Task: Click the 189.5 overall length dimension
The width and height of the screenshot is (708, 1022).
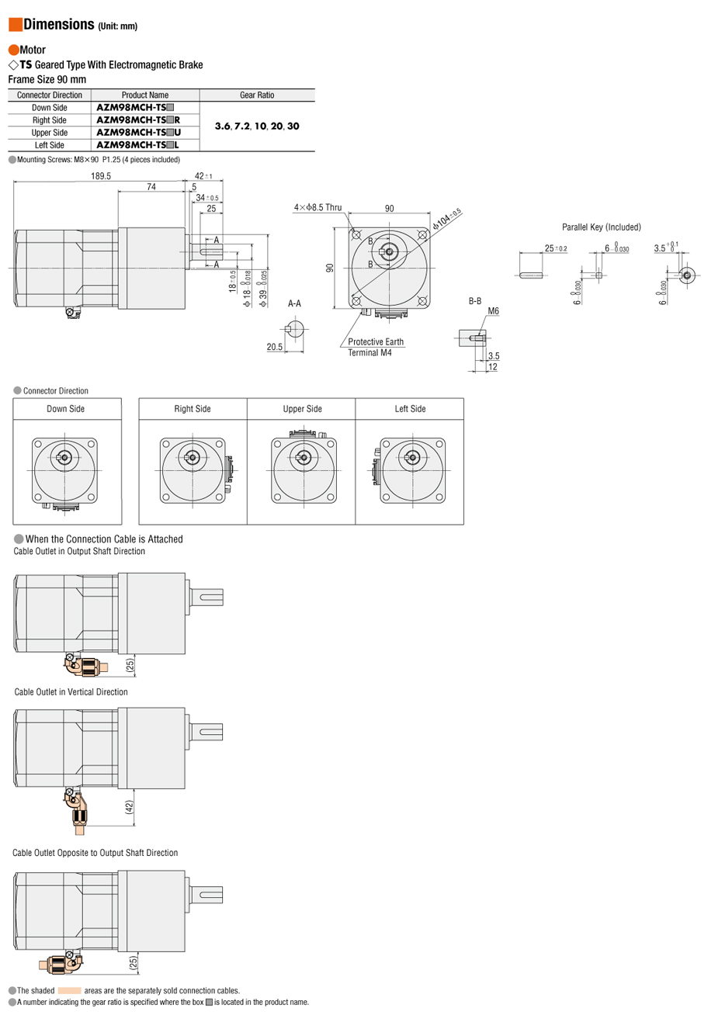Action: pos(101,176)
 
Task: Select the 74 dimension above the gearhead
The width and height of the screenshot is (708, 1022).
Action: pos(151,187)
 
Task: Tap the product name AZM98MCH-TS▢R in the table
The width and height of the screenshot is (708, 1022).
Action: pos(138,120)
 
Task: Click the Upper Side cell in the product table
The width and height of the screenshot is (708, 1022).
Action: pos(50,133)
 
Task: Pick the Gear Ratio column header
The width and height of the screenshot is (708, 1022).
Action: pos(257,95)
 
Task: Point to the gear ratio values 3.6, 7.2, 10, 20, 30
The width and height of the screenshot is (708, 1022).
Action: pos(257,126)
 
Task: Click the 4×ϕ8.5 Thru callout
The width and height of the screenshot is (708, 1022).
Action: pos(318,208)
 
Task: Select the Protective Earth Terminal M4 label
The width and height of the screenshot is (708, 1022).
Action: pos(376,347)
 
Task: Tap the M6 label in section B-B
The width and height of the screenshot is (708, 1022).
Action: pos(493,311)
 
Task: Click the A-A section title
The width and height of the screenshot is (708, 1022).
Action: pos(294,303)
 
